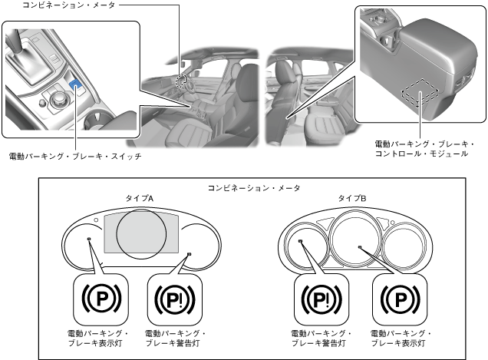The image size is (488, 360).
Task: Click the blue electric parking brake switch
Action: [77, 88]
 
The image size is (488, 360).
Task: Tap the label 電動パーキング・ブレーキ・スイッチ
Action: [75, 156]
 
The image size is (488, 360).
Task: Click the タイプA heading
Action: [140, 198]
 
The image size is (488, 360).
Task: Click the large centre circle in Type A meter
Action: [141, 233]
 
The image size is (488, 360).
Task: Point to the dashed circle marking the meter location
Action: [181, 81]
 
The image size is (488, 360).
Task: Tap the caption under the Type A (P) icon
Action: [98, 339]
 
